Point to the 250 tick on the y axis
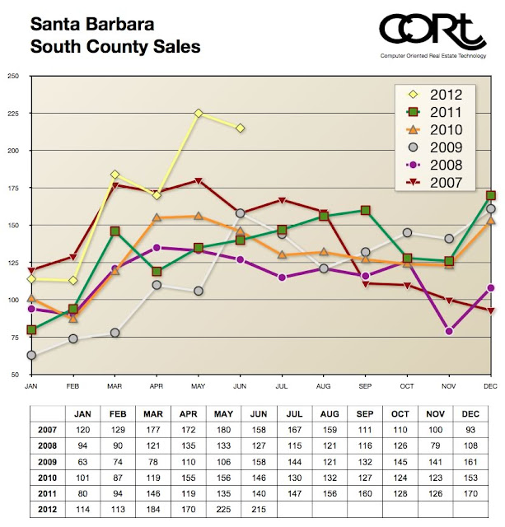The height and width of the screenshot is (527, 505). coord(13,77)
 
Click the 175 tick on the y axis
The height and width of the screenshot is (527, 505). coord(13,188)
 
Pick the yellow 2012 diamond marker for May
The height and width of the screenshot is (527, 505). coord(198,113)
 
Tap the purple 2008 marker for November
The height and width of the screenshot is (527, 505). coord(449,331)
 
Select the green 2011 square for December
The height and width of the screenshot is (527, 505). coord(491,195)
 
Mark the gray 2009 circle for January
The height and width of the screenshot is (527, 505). coord(31,356)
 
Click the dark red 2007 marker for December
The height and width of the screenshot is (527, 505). coord(491,310)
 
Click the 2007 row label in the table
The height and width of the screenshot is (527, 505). coord(45,429)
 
